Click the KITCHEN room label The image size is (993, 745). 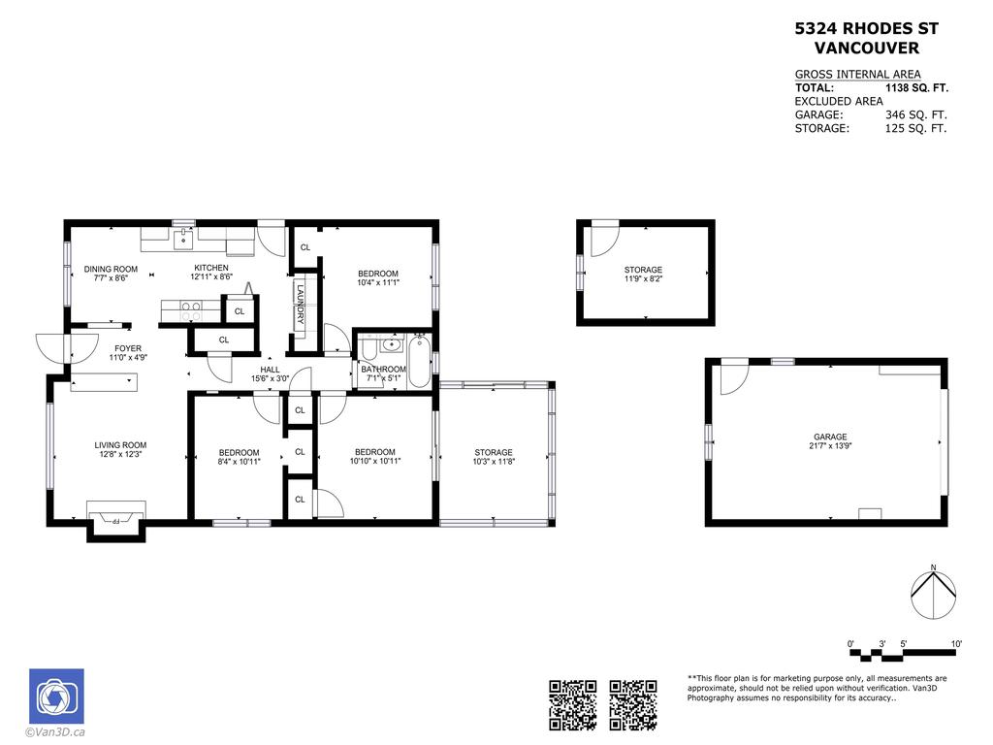(x=211, y=268)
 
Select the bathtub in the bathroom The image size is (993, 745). (x=420, y=361)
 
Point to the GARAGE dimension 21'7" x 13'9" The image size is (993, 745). (x=830, y=447)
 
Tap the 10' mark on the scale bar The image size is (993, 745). (x=956, y=644)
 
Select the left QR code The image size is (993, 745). (x=572, y=704)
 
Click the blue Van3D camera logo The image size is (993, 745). (x=56, y=696)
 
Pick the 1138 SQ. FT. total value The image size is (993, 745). (x=916, y=87)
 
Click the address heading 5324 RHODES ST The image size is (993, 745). (x=866, y=29)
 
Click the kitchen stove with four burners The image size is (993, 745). (x=191, y=310)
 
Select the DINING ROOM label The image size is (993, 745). (x=111, y=269)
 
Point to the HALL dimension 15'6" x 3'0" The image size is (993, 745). (x=270, y=379)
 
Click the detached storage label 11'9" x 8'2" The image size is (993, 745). (x=643, y=279)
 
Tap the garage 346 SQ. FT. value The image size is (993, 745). (x=915, y=114)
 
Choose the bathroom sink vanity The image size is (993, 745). (x=392, y=343)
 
